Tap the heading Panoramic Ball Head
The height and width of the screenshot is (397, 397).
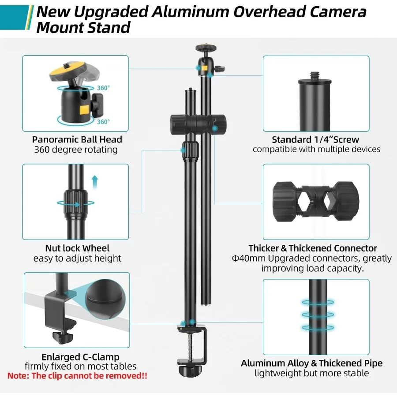coord(77,139)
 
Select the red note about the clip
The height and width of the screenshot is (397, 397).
coord(77,376)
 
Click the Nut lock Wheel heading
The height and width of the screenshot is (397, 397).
coord(77,248)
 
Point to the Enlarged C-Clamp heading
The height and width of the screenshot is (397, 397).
coord(80,357)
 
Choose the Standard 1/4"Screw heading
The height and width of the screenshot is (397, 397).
coord(315,139)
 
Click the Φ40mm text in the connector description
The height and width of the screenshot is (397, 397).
coord(249,258)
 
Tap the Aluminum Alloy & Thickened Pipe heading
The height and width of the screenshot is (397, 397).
coord(312,363)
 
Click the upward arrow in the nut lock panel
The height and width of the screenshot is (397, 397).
coord(95,182)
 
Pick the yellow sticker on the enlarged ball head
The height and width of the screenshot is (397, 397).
coord(85,110)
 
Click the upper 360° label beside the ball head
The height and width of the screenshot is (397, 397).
coord(103,88)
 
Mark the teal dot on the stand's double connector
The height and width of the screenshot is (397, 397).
coord(214,128)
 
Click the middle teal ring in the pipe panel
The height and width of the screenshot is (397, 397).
coord(318,315)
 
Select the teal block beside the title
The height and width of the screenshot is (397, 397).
coord(15,17)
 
